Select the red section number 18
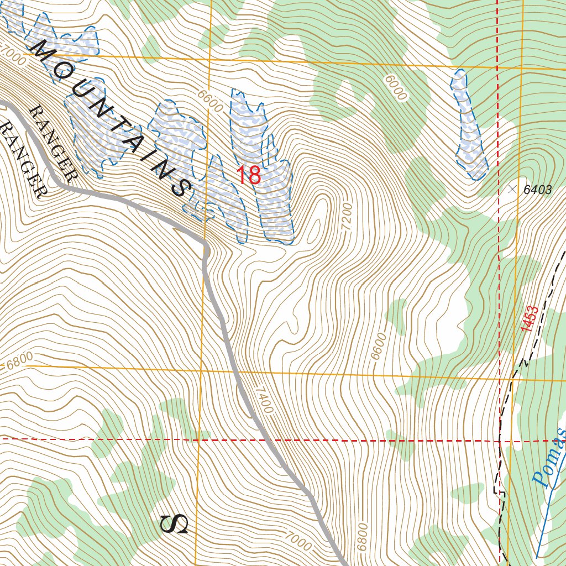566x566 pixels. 249,176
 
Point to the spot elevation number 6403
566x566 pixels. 537,190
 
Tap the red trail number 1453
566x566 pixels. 529,319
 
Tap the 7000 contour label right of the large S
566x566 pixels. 298,541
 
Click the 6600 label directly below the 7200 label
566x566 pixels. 378,347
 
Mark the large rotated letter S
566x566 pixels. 174,523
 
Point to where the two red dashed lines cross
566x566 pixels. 499,441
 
